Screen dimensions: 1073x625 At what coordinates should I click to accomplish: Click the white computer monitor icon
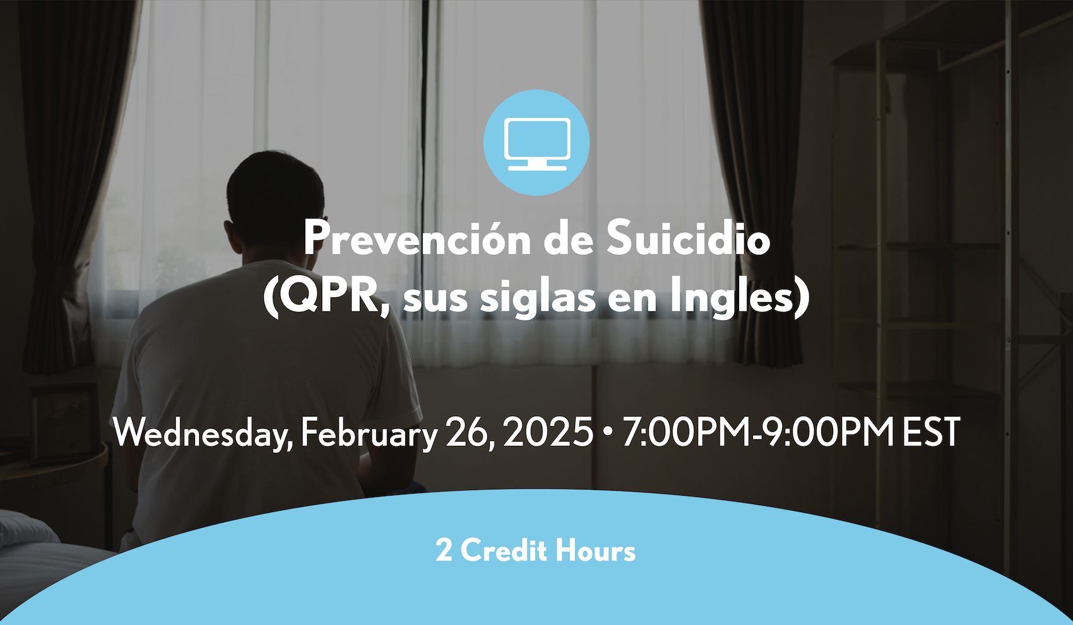[x=536, y=144]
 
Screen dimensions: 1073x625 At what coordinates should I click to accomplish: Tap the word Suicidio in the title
[x=688, y=237]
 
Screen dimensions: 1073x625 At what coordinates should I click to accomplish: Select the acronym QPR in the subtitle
[x=328, y=298]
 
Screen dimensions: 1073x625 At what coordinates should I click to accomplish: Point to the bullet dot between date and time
[x=608, y=433]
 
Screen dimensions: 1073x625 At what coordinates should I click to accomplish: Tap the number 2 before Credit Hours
[x=444, y=551]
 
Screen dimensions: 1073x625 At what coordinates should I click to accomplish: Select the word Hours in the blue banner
[x=595, y=551]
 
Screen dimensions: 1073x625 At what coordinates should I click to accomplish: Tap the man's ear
[x=234, y=236]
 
